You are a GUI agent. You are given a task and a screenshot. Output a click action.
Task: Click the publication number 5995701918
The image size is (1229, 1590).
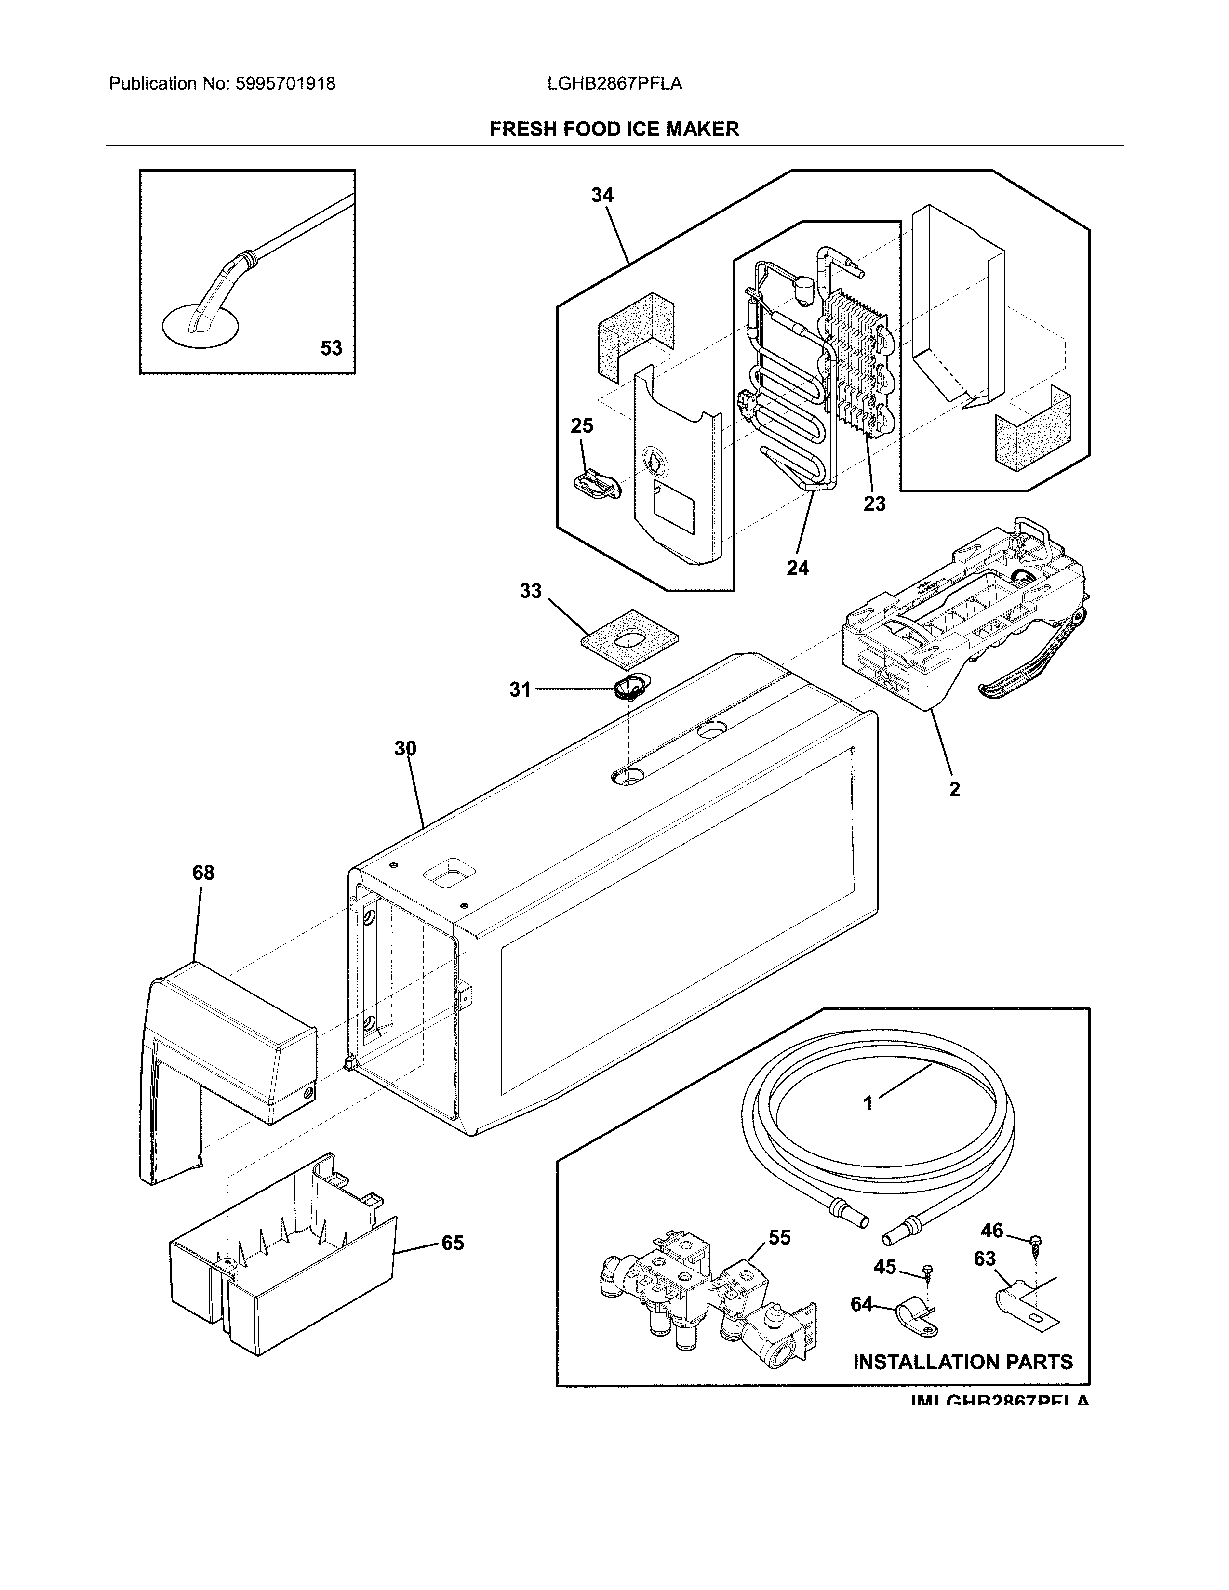tap(285, 84)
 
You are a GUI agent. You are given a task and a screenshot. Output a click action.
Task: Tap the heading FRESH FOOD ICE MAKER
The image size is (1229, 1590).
tap(614, 130)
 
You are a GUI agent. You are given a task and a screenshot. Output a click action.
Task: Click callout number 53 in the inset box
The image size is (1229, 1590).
tap(331, 349)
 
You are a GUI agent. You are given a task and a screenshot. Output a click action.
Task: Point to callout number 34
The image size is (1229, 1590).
tap(602, 195)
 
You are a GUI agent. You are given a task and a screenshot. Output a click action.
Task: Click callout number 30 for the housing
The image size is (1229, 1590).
tap(405, 748)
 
